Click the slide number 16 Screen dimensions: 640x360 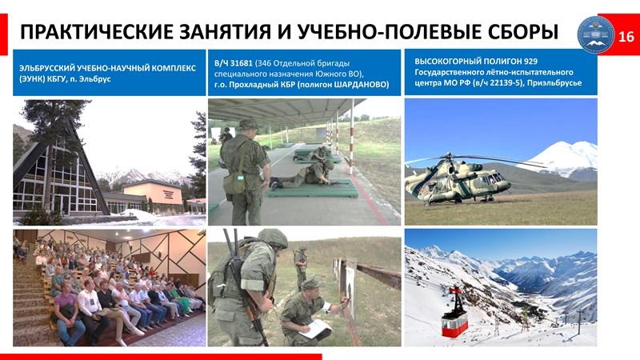point(626,37)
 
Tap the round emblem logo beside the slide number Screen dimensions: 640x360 point(595,34)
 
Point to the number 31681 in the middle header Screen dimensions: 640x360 point(242,63)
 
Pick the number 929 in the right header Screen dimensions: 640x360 point(530,62)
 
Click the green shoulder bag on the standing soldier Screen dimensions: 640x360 point(234,182)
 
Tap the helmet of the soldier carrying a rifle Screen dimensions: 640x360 point(273,238)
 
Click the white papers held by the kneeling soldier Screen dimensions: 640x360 point(315,328)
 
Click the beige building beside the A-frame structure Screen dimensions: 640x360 point(153,196)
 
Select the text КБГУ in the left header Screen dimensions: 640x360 point(49,79)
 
